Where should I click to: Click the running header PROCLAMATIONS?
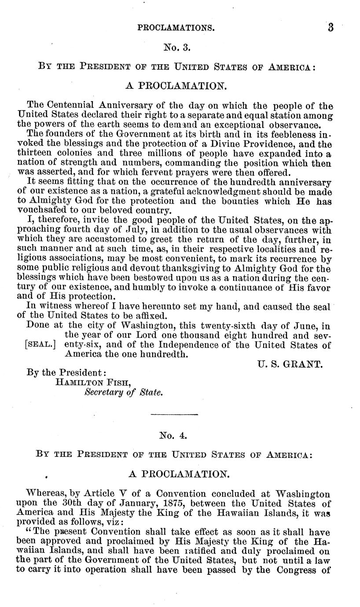tap(176, 28)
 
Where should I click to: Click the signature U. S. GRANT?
tap(290, 365)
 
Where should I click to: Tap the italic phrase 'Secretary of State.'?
tap(123, 392)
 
